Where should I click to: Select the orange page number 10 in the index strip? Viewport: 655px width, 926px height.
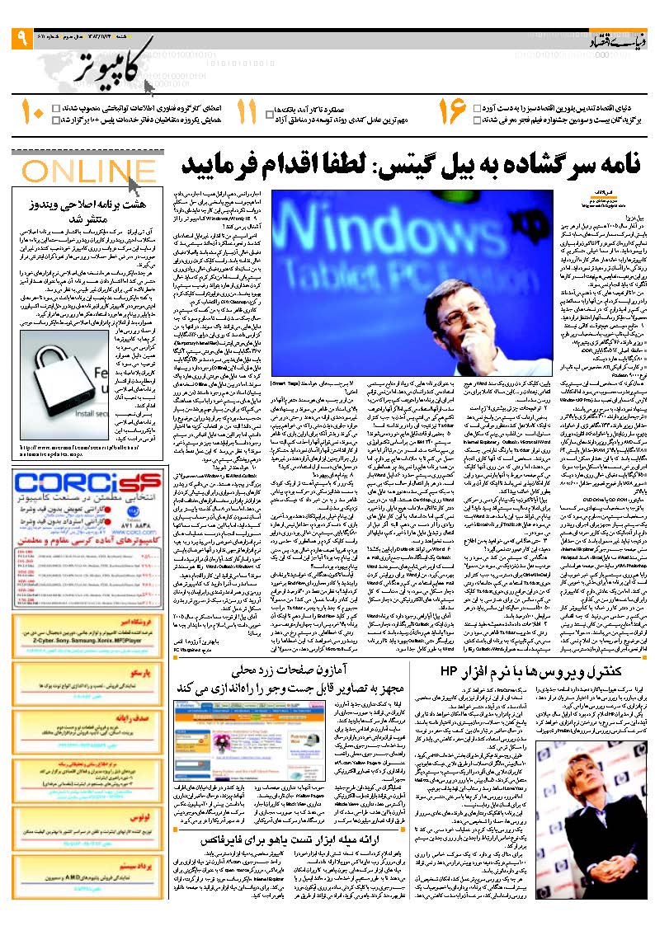(33, 113)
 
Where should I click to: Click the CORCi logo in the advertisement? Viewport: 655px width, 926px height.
(87, 482)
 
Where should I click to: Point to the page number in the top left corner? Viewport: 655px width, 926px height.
(21, 37)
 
